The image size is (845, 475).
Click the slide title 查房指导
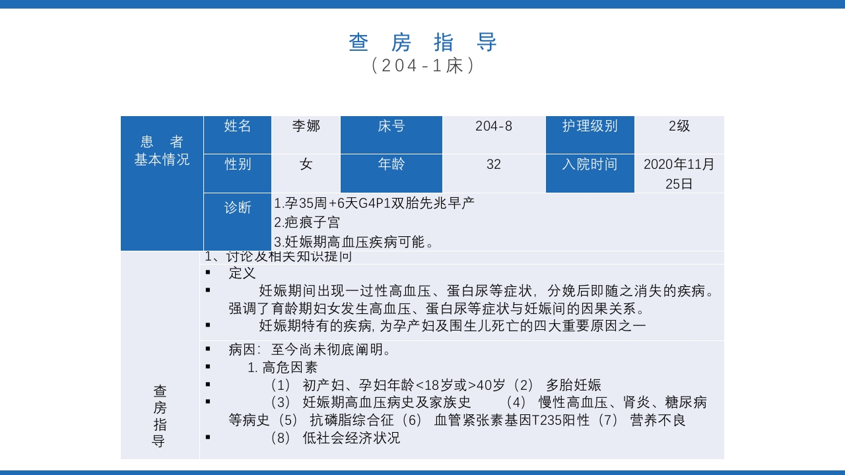pyautogui.click(x=422, y=42)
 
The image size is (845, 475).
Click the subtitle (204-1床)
pyautogui.click(x=422, y=66)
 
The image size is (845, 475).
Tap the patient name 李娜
pyautogui.click(x=306, y=126)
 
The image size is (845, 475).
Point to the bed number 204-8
pyautogui.click(x=493, y=126)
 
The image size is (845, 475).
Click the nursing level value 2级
pyautogui.click(x=679, y=126)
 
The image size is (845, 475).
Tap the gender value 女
pyautogui.click(x=306, y=164)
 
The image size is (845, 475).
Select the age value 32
pyautogui.click(x=493, y=164)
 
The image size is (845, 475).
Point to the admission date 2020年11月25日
pyautogui.click(x=679, y=174)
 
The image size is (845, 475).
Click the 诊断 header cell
pyautogui.click(x=238, y=208)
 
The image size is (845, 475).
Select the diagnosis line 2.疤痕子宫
pyautogui.click(x=307, y=222)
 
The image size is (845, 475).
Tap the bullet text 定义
pyautogui.click(x=242, y=272)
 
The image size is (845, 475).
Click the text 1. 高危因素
pyautogui.click(x=283, y=367)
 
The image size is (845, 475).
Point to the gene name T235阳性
pyautogui.click(x=555, y=420)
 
